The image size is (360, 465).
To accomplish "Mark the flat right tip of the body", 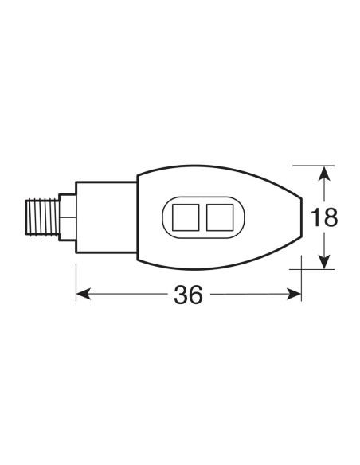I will (x=302, y=217).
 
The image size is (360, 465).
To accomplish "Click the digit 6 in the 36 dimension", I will (x=197, y=295).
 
